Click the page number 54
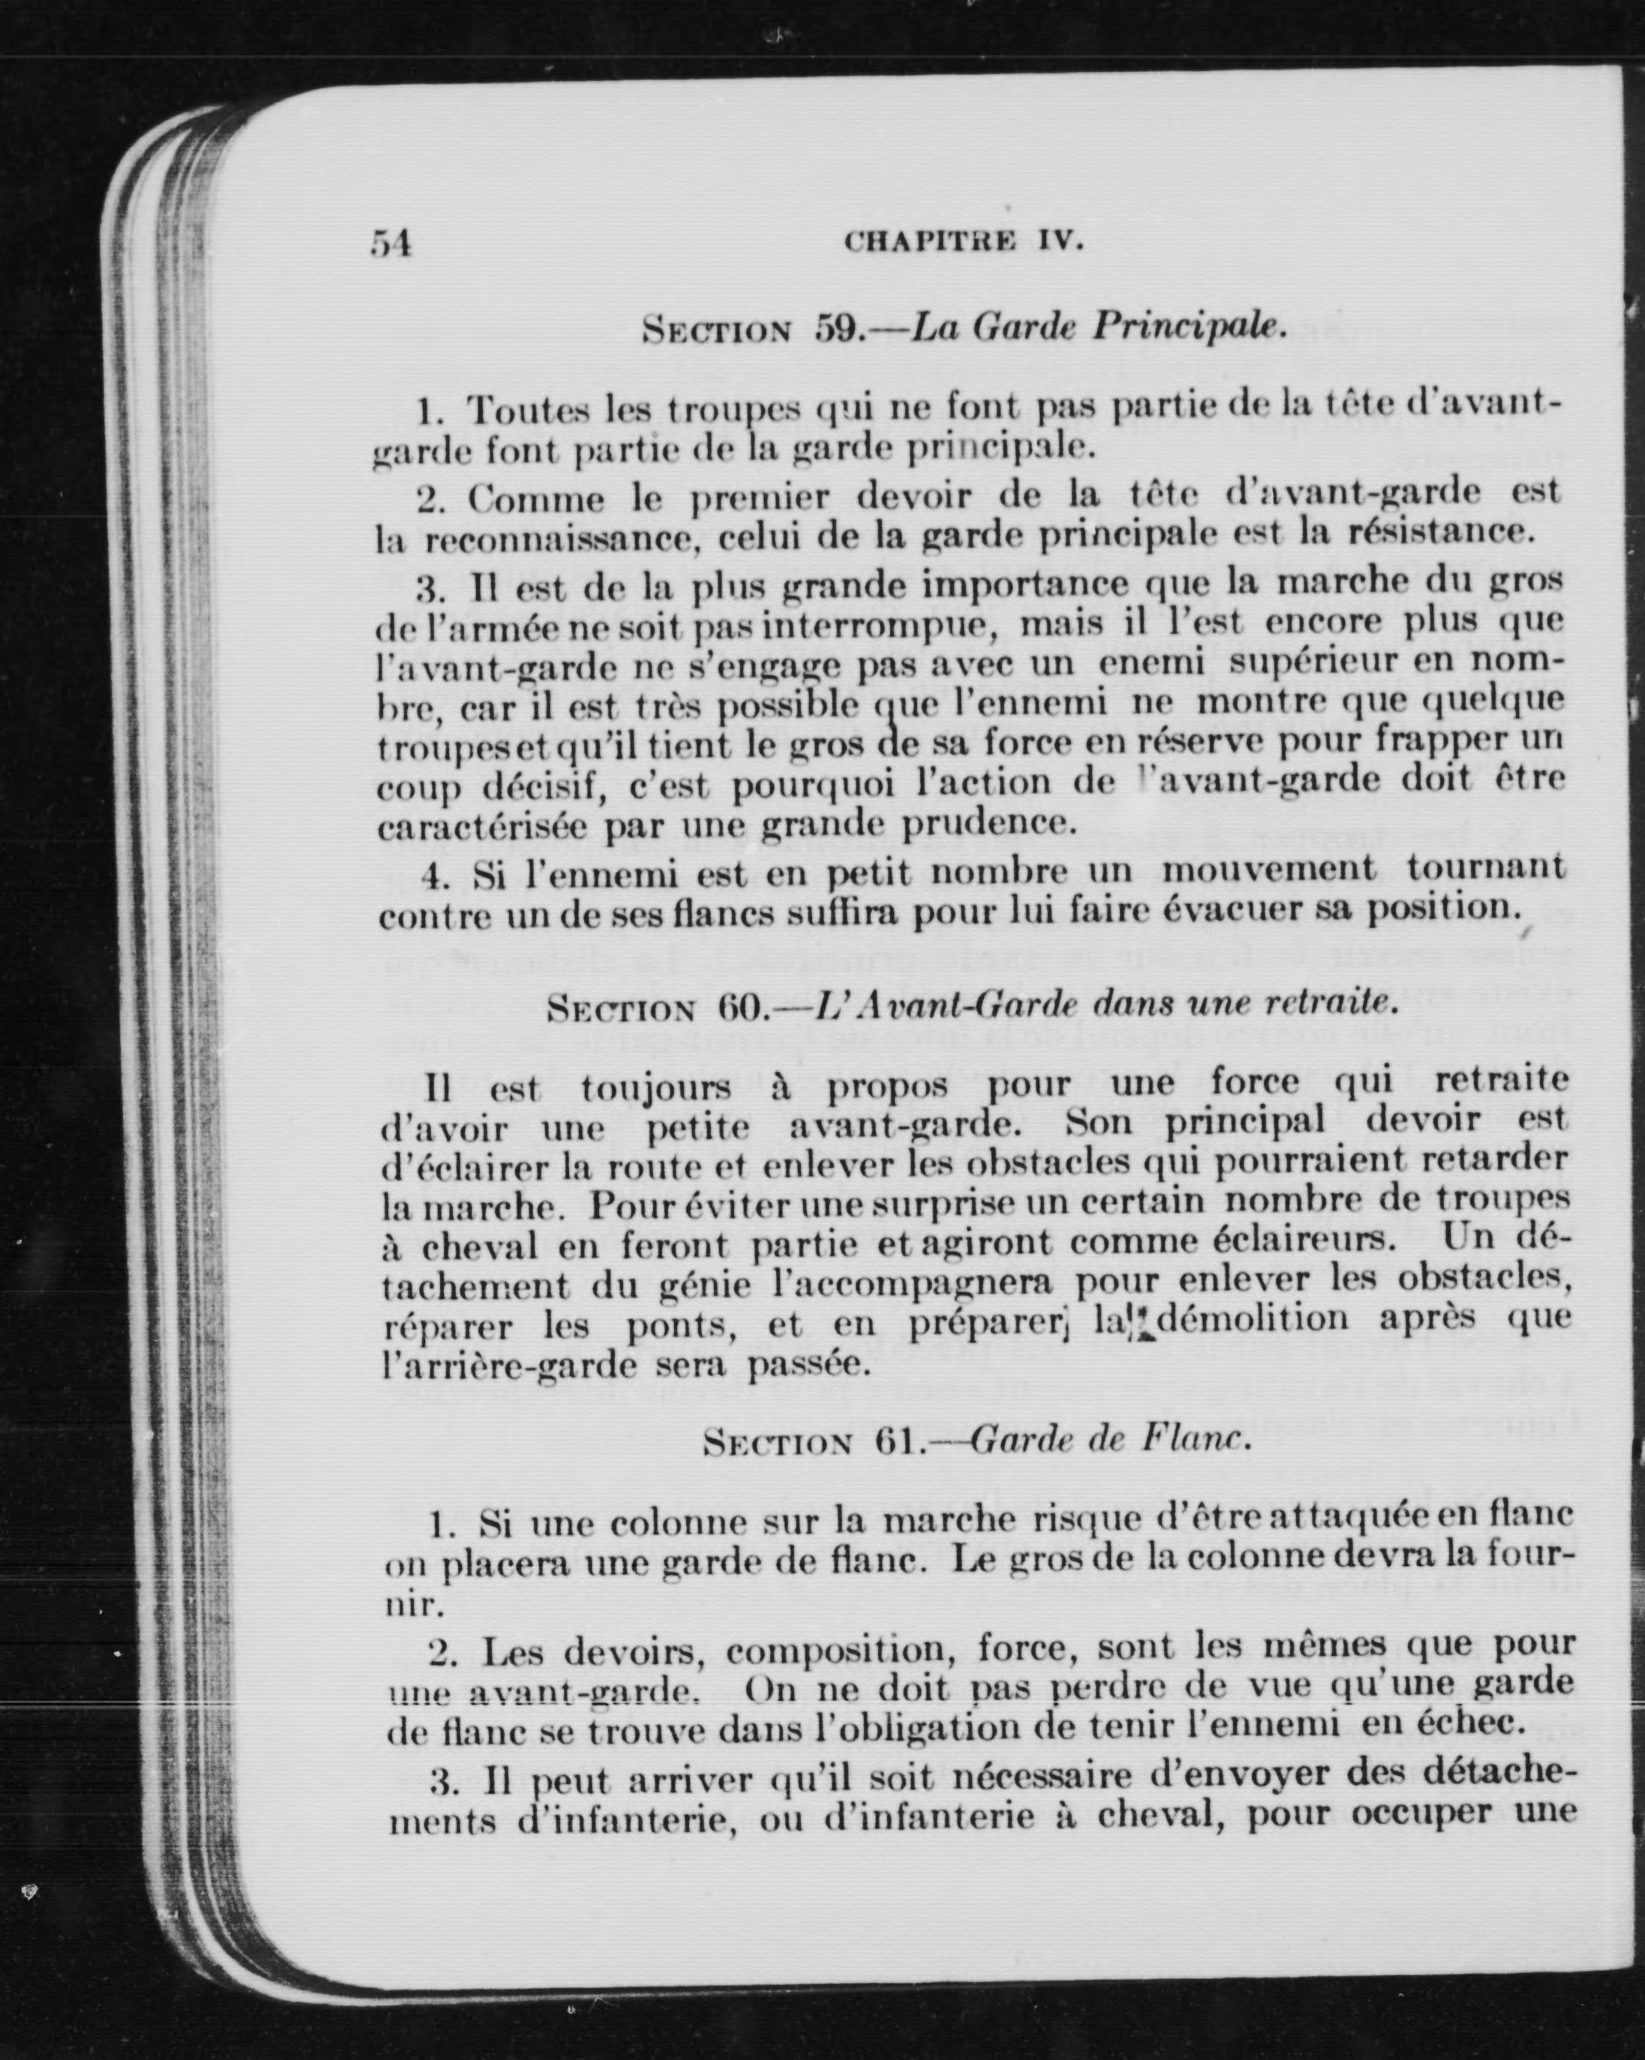pyautogui.click(x=390, y=244)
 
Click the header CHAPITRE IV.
pyautogui.click(x=963, y=241)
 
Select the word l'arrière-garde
pyautogui.click(x=508, y=1364)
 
